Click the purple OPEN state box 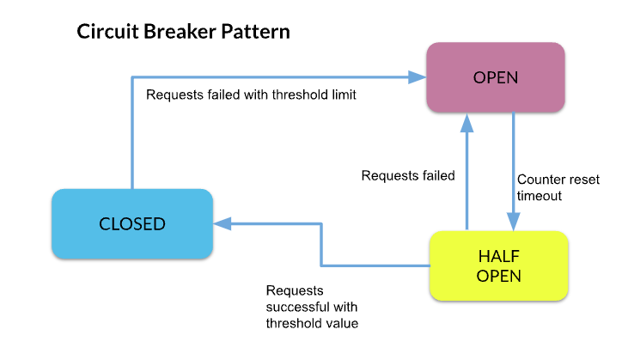tap(496, 77)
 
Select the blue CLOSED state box tap(131, 224)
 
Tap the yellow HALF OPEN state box tap(499, 265)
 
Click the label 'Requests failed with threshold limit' tap(251, 95)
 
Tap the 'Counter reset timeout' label tap(558, 187)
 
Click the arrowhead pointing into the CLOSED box tap(221, 224)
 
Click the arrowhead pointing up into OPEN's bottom tap(466, 121)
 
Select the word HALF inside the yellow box tap(499, 256)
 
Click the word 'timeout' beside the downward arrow tap(539, 196)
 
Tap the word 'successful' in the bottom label tap(297, 307)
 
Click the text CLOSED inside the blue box tap(131, 224)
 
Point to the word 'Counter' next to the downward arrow tap(541, 180)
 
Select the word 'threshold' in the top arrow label tap(300, 95)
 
